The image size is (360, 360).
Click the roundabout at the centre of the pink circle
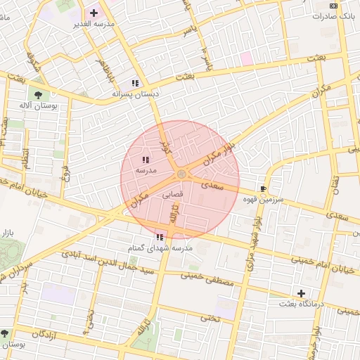181,174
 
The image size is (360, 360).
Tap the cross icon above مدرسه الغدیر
94,13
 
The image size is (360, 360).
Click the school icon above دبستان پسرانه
135,82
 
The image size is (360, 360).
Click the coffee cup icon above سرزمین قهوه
264,188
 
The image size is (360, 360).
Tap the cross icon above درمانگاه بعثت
302,293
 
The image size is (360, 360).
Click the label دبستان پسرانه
135,94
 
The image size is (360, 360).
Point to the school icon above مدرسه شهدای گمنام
160,238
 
